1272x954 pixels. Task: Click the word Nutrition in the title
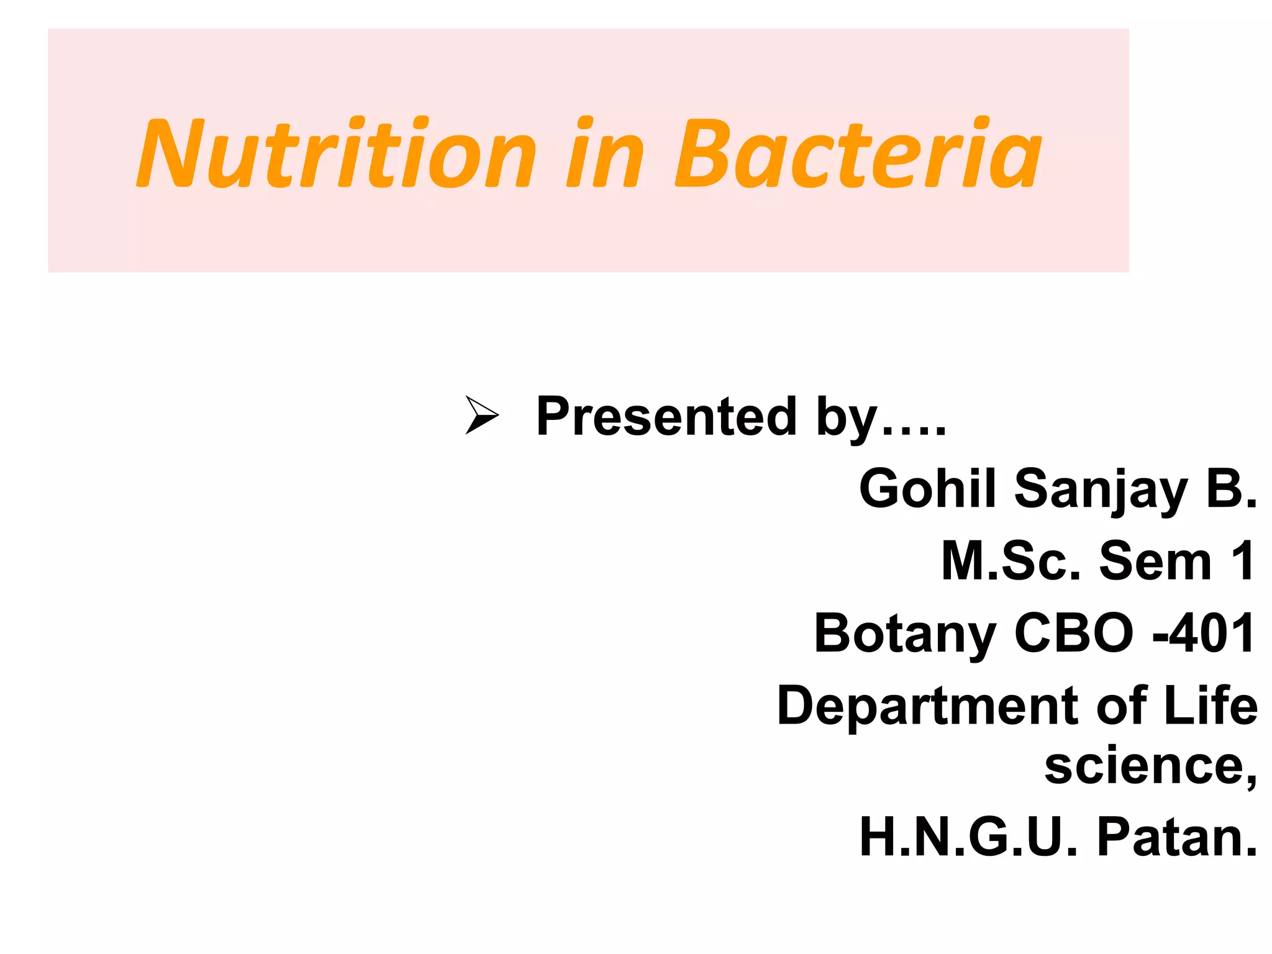point(335,154)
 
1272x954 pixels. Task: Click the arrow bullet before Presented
point(482,415)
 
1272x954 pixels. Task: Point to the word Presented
point(666,416)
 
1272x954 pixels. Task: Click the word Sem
point(1155,561)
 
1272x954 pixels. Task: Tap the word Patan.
point(1176,837)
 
